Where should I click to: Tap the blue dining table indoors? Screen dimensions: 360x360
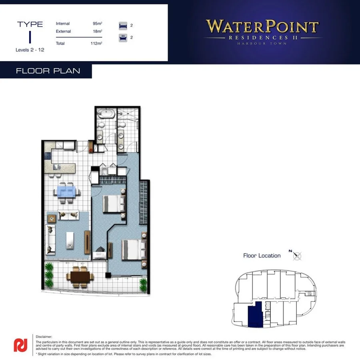67,190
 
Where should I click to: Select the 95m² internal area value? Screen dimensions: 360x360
97,24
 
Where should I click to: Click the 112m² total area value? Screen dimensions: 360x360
96,43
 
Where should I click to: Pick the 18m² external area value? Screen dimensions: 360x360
97,32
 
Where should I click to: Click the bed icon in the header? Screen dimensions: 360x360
122,26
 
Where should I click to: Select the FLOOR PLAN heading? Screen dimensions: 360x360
48,71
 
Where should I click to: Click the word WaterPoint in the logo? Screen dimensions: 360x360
262,27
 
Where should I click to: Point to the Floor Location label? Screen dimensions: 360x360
262,256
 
